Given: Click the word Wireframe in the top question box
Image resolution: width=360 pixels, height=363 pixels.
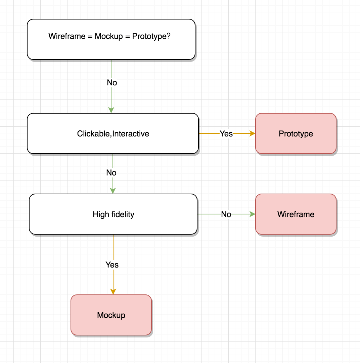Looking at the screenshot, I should point(67,36).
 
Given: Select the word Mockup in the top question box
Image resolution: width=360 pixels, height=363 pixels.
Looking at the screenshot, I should point(109,36).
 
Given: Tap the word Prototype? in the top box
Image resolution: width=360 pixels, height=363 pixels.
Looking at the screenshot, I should point(151,36).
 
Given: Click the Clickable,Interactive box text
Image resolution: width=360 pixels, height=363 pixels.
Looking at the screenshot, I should point(113,134).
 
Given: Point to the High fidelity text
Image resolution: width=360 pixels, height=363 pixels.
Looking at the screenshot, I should point(113,214).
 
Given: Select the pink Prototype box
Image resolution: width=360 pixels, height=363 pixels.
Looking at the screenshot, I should point(296,133).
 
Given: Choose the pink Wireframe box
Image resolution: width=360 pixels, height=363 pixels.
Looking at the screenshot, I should point(296,214).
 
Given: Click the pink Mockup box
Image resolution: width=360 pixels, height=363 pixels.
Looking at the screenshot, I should point(111,315).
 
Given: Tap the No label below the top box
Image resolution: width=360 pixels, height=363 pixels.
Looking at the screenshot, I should point(112,83).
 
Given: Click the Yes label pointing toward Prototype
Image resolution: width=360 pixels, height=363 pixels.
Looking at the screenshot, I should point(226,134).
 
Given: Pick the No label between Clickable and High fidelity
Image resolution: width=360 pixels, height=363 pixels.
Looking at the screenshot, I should point(111,173).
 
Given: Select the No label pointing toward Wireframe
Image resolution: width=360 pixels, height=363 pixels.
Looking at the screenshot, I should point(226,214).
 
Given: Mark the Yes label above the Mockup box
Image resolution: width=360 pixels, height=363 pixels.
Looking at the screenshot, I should point(112,265).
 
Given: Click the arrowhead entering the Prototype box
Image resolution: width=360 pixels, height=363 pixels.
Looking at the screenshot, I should point(252,133).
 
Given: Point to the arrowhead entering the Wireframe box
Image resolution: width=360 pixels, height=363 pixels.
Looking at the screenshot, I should point(252,214).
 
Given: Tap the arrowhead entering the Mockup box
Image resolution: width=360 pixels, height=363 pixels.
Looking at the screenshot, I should point(113,291).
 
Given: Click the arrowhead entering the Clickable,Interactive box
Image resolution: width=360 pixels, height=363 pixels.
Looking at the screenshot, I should point(111,110).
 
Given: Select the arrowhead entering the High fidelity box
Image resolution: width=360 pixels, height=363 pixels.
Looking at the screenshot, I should point(113,191).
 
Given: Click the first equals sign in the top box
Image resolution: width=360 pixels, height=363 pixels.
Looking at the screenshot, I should point(90,36).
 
